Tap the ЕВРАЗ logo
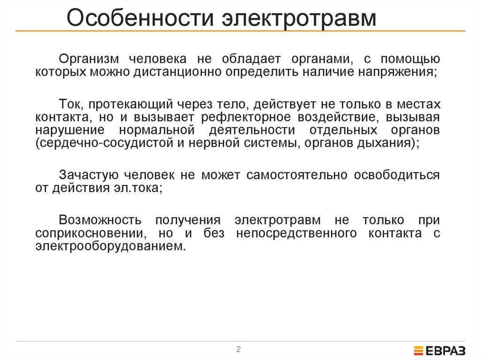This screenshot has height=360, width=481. pos(440,350)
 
